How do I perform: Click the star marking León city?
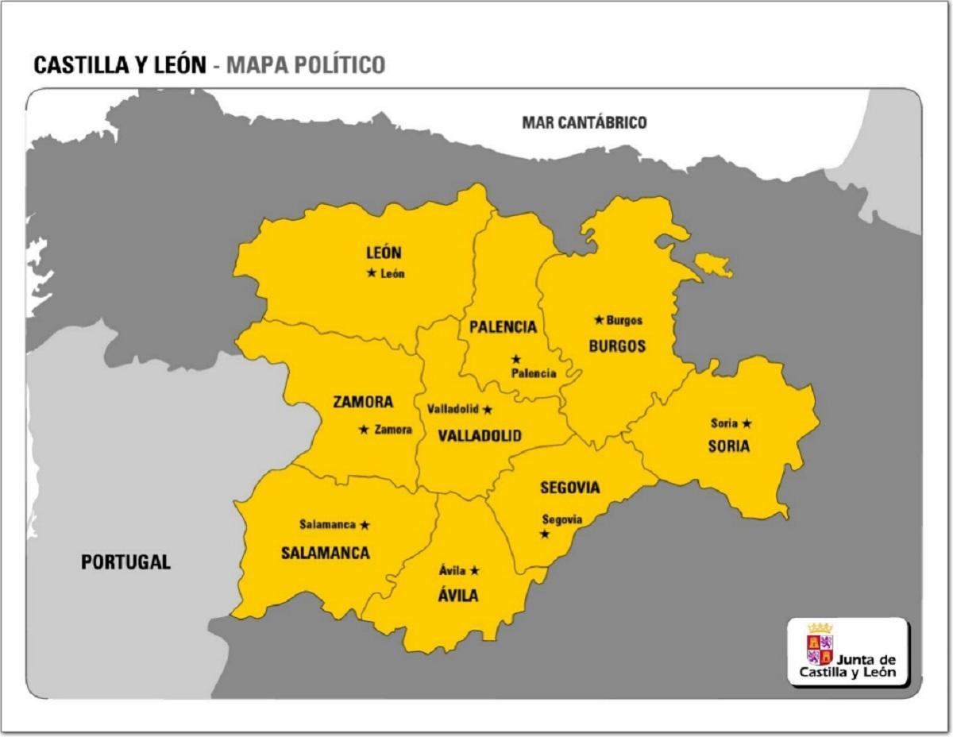(x=371, y=273)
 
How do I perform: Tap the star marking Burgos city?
(x=599, y=320)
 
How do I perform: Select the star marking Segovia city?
(x=545, y=534)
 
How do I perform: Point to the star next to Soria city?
(x=747, y=423)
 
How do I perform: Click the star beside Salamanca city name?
(x=365, y=525)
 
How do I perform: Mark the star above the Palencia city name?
(x=516, y=359)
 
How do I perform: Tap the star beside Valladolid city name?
(x=488, y=410)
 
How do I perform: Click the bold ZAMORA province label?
(x=363, y=402)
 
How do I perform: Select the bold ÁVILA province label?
(x=459, y=595)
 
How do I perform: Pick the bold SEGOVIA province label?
(x=569, y=488)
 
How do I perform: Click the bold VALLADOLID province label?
(x=480, y=436)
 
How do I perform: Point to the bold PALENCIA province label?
(x=503, y=327)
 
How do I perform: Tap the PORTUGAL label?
(x=125, y=562)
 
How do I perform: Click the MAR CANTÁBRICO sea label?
(x=584, y=122)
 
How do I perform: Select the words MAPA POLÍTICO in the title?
(x=306, y=65)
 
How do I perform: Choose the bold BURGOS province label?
(x=617, y=346)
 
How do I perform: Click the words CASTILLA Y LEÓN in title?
(x=119, y=65)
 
